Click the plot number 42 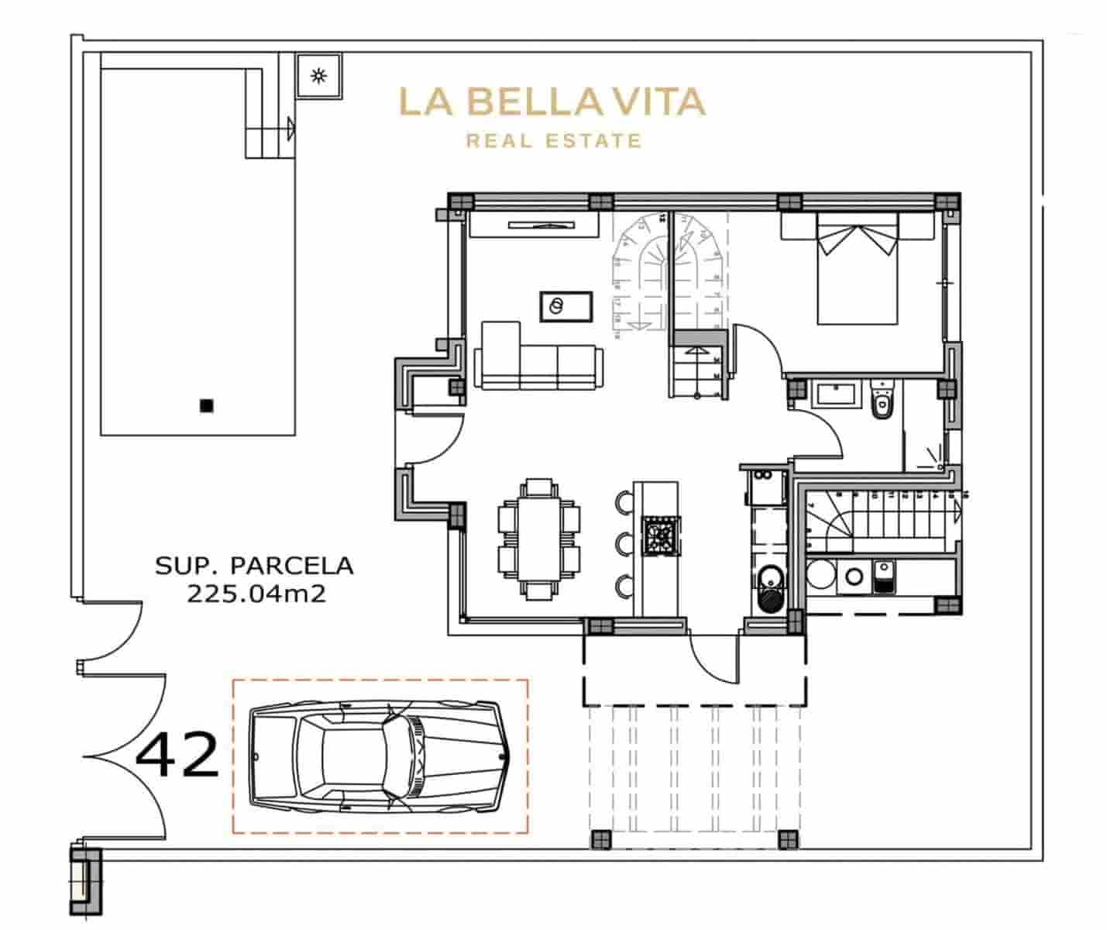coord(177,756)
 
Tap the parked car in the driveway coord(379,756)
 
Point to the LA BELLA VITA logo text coord(552,102)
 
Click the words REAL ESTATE coord(553,141)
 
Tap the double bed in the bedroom coord(857,271)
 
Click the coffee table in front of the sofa coord(566,306)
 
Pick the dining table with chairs coord(538,539)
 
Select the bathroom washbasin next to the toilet coord(835,395)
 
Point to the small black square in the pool coord(206,405)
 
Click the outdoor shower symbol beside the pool coord(318,75)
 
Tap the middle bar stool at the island coord(624,540)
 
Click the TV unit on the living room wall coord(534,225)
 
